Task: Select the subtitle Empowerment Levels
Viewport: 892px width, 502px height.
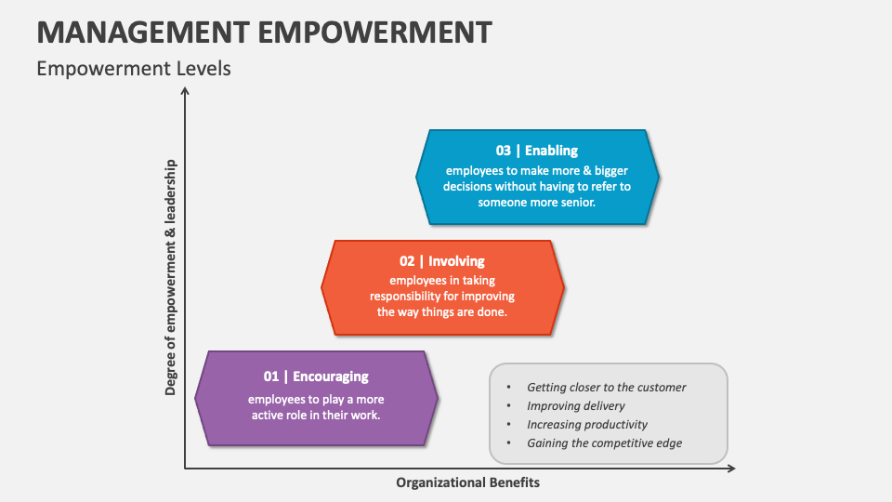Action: tap(134, 69)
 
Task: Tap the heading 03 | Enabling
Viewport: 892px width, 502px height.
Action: tap(536, 151)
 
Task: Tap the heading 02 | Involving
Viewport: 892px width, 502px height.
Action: tap(442, 261)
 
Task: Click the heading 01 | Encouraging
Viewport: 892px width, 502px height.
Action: tap(316, 376)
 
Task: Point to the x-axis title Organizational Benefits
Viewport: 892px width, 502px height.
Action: tap(467, 482)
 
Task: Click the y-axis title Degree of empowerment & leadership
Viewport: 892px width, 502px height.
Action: tap(171, 277)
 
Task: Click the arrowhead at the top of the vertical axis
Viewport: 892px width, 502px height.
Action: tap(185, 90)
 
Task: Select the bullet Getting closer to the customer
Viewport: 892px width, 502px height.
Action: tap(606, 387)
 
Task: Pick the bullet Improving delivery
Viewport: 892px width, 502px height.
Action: tap(575, 405)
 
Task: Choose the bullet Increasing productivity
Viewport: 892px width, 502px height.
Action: tap(586, 424)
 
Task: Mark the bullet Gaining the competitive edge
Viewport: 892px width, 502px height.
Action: tap(604, 443)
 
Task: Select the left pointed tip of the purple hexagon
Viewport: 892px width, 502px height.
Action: tap(196, 398)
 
